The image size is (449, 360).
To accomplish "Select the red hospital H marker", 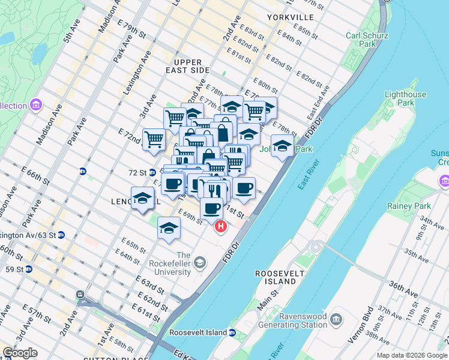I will click(221, 227).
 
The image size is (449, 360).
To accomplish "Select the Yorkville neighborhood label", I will click(291, 17).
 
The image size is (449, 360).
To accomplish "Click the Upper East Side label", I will click(188, 66).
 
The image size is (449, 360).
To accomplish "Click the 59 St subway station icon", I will click(28, 268).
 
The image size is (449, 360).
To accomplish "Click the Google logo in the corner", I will click(20, 353).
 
